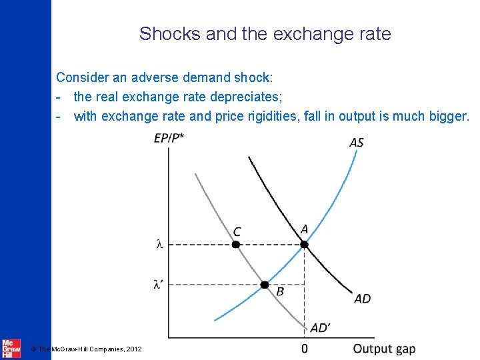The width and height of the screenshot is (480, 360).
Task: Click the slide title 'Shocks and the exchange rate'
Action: [x=265, y=33]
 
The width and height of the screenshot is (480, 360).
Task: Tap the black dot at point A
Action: [x=304, y=245]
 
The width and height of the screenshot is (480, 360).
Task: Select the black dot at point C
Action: [x=235, y=245]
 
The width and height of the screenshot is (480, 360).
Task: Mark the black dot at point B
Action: [x=264, y=285]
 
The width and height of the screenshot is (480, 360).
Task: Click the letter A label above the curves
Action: [x=304, y=229]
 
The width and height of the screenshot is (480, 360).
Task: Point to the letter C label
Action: [x=237, y=231]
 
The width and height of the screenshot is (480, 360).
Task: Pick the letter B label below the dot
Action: [x=280, y=291]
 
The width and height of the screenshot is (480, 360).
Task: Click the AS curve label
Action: [x=356, y=142]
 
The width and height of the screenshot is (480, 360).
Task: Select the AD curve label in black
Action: [x=362, y=298]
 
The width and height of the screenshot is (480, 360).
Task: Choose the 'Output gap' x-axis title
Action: [x=384, y=349]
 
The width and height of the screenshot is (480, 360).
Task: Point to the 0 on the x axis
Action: [x=305, y=349]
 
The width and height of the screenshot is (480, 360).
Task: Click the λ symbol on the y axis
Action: [x=159, y=245]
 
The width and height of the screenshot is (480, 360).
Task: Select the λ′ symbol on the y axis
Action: [x=158, y=285]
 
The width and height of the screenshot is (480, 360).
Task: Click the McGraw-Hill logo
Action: [x=11, y=348]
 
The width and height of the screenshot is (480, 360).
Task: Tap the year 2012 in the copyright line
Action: [x=131, y=349]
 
